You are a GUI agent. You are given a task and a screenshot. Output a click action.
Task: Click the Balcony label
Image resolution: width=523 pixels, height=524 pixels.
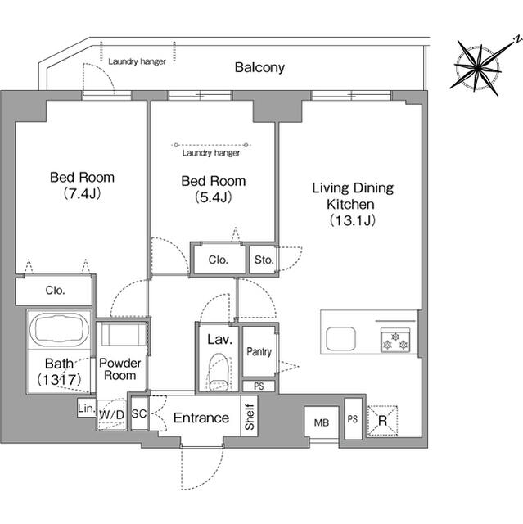(x=259, y=67)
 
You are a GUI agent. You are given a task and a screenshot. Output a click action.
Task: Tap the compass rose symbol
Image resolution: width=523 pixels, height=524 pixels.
(x=479, y=69)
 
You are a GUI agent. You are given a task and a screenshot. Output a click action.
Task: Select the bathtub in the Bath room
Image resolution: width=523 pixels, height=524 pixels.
(x=59, y=329)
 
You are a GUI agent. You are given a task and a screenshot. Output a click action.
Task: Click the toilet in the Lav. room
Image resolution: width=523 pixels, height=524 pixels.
(x=219, y=372)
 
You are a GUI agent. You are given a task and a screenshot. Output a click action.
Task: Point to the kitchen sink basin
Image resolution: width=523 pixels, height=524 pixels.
(x=340, y=338)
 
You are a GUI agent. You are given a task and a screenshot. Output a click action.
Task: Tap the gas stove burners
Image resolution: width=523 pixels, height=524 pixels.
(x=395, y=341)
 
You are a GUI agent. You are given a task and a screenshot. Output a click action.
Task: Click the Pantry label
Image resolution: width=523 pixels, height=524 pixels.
(x=259, y=351)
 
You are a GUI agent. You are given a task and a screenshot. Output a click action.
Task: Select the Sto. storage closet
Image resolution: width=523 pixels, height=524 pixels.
(x=264, y=260)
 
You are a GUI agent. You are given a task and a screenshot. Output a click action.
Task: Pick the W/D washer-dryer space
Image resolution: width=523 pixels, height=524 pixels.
(x=111, y=415)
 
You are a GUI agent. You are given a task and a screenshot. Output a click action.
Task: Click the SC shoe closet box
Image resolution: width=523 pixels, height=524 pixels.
(x=139, y=413)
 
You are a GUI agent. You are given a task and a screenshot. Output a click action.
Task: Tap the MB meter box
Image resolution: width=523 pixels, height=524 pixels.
(x=322, y=422)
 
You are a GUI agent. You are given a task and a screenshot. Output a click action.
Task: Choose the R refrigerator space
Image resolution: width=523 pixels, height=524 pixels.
(x=382, y=421)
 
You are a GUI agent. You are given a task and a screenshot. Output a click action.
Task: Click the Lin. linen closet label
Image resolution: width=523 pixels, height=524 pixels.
(x=86, y=408)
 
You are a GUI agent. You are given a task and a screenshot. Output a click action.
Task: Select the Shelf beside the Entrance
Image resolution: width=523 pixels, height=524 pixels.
(x=249, y=417)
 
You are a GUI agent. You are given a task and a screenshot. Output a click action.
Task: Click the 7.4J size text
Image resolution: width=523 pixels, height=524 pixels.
(x=82, y=193)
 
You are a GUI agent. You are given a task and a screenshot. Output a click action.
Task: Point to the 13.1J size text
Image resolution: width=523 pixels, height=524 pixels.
(x=353, y=220)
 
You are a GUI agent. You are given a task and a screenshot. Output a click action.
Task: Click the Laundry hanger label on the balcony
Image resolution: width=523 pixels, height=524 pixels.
(x=137, y=61)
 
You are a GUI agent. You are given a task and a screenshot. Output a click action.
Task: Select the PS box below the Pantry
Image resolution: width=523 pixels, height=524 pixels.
(x=259, y=386)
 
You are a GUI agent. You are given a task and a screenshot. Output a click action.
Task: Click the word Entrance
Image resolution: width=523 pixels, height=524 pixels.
(x=201, y=418)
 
